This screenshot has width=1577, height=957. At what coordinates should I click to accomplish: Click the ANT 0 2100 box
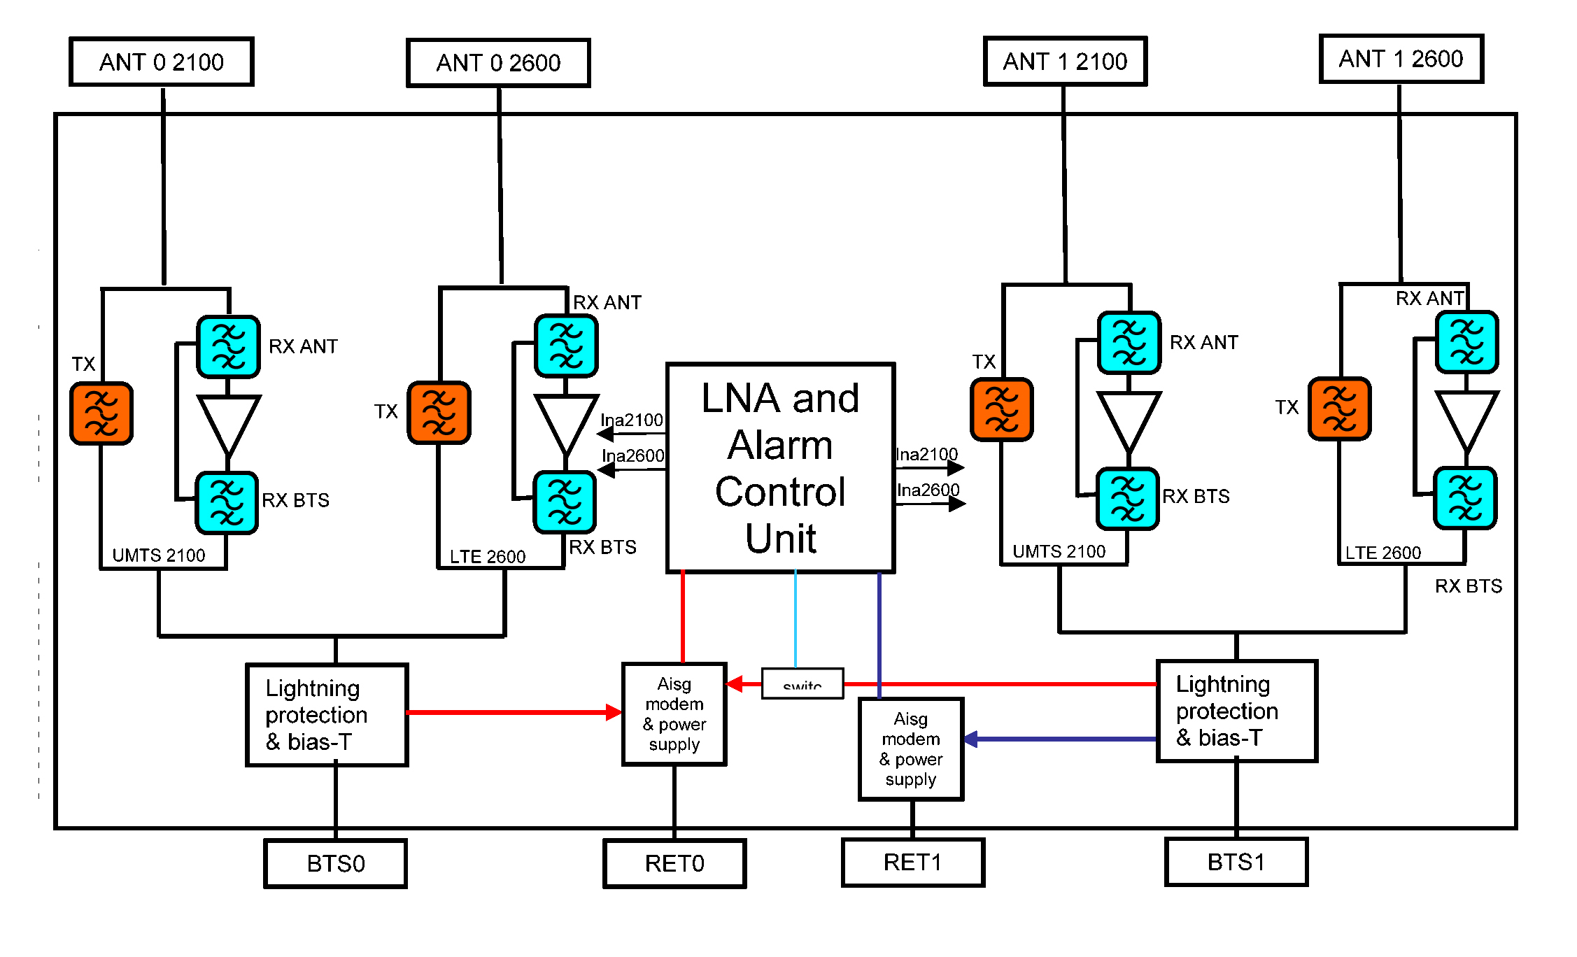[x=161, y=62]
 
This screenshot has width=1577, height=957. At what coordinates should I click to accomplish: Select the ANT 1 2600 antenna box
[x=1401, y=59]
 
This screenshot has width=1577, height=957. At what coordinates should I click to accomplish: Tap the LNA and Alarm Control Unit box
[x=780, y=467]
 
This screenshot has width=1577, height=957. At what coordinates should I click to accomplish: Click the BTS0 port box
[x=335, y=863]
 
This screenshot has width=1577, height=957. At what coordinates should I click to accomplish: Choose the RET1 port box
[x=912, y=862]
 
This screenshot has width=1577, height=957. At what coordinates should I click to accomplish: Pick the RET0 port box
[x=674, y=863]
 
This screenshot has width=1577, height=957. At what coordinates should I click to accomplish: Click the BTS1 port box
[x=1236, y=862]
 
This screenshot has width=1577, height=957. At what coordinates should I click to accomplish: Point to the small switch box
[x=802, y=683]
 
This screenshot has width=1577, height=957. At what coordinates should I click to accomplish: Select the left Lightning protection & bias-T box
[x=327, y=714]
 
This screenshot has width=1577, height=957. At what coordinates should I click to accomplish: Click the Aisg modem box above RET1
[x=911, y=749]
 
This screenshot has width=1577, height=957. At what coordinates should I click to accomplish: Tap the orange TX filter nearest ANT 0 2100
[x=101, y=413]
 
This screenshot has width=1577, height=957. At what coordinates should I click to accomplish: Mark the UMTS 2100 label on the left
[x=159, y=555]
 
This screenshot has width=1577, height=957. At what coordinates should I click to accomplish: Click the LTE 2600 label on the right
[x=1382, y=553]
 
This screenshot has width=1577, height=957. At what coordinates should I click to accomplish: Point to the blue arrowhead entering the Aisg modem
[x=971, y=739]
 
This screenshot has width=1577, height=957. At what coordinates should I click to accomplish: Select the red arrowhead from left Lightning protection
[x=613, y=713]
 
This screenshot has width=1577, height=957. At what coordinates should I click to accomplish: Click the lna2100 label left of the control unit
[x=632, y=420]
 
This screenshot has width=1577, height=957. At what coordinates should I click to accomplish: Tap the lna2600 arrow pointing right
[x=956, y=503]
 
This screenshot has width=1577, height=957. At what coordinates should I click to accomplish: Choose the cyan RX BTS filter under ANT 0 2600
[x=565, y=502]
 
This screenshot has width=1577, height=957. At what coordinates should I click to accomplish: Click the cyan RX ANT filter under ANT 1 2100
[x=1129, y=343]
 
